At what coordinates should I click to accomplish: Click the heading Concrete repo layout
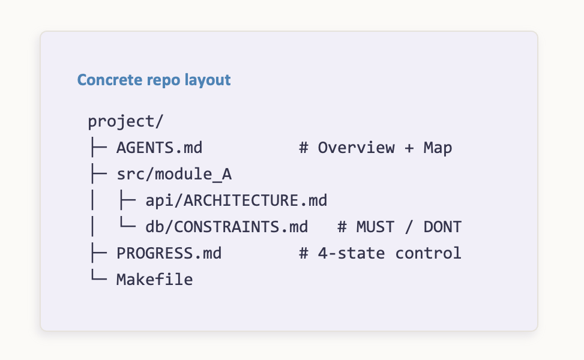tap(154, 80)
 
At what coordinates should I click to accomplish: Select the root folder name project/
tap(125, 121)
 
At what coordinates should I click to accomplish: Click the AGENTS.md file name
tap(160, 148)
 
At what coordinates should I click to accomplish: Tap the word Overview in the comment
tap(356, 148)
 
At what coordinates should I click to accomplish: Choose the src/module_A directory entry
tap(174, 174)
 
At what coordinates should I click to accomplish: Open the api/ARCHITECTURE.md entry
tap(236, 200)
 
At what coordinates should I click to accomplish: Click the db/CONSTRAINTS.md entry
tap(226, 227)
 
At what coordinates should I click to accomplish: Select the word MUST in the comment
tap(375, 227)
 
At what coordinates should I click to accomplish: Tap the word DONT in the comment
tap(442, 227)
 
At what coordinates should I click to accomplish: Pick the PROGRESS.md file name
tap(169, 254)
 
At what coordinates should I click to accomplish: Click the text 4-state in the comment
tap(351, 254)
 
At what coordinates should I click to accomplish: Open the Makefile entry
tap(155, 280)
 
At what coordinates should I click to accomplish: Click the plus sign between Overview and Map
tap(409, 148)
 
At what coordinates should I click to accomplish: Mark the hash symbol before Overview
tap(304, 148)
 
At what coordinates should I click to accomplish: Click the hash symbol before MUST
tap(342, 227)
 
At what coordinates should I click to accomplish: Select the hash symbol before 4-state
tap(304, 254)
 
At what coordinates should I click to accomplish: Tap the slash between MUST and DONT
tap(409, 227)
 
